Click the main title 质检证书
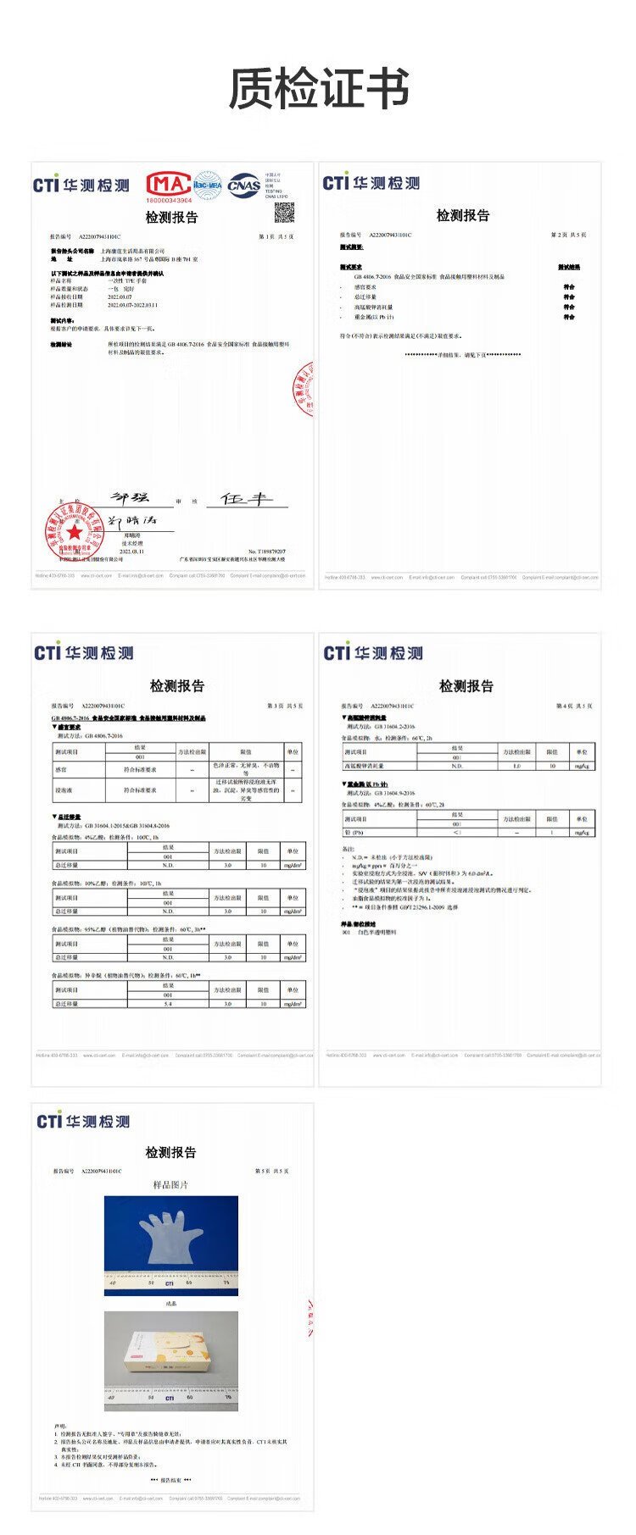[318, 89]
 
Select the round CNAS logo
[243, 184]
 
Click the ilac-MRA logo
[207, 184]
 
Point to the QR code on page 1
[283, 213]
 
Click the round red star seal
[75, 531]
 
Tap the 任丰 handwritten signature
[246, 499]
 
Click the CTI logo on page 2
[371, 183]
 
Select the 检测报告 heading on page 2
[462, 216]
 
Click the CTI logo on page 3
[83, 652]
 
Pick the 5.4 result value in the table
[168, 1003]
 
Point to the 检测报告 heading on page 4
[466, 685]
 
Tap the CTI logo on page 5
[83, 1121]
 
